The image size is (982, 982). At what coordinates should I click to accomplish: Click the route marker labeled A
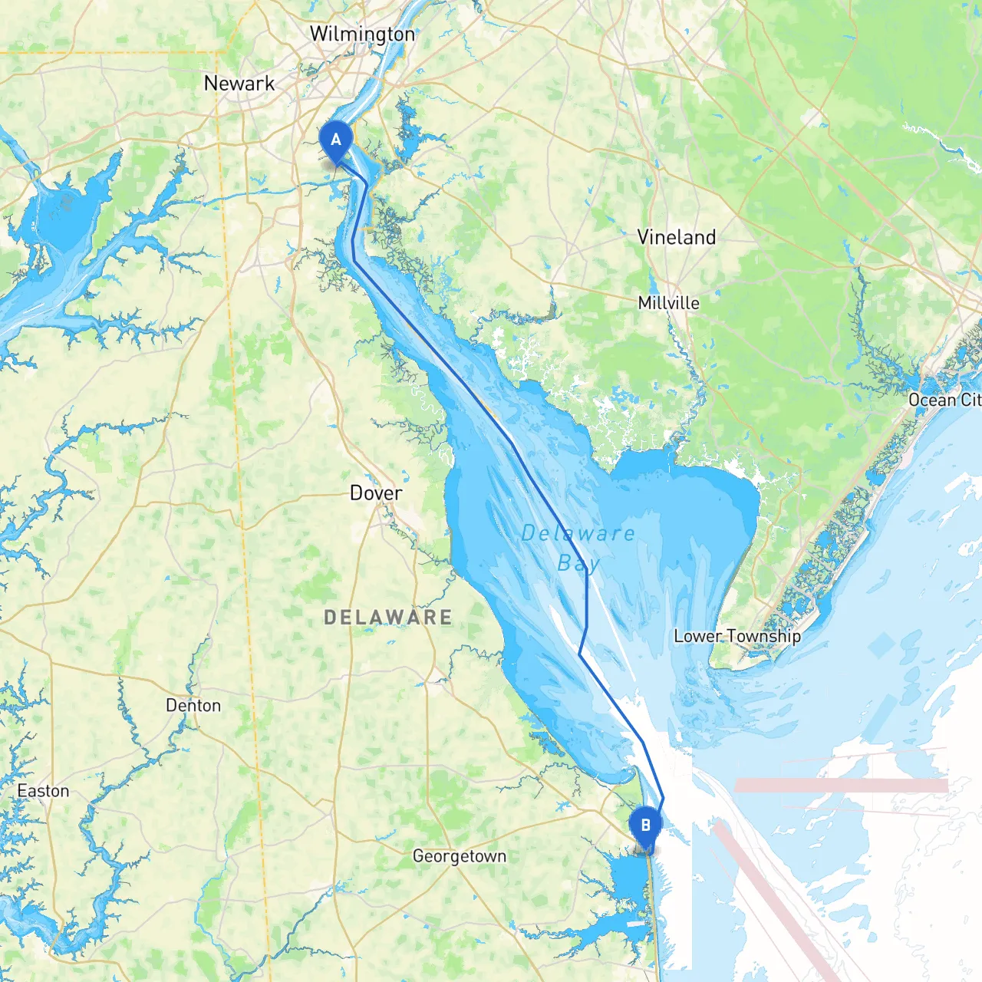tap(335, 143)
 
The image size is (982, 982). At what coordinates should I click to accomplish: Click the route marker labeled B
tap(645, 828)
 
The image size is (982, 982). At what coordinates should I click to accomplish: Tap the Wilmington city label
tap(362, 35)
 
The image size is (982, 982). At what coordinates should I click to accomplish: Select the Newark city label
tap(239, 84)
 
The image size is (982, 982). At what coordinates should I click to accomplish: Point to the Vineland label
tap(676, 237)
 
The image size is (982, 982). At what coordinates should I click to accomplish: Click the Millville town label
tap(668, 303)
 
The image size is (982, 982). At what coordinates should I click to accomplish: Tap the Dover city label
tap(375, 493)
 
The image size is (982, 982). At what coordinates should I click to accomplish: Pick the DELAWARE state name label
tap(387, 617)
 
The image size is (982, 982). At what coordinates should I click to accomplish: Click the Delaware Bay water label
tap(578, 548)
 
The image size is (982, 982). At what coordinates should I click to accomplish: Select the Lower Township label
tap(736, 636)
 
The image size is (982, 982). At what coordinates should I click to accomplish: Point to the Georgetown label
tap(459, 856)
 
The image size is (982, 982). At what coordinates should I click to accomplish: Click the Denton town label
tap(193, 706)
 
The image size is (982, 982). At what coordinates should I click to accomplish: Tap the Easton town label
tap(43, 791)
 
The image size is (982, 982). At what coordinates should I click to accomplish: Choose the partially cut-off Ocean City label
tap(944, 400)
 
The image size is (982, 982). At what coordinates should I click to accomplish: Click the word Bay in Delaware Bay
tap(578, 564)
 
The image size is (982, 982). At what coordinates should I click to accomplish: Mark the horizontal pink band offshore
tap(841, 786)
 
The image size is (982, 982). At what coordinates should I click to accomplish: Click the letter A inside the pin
tap(335, 140)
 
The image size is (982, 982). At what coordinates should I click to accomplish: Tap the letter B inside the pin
tap(645, 825)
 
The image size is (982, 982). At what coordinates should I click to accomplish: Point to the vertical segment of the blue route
tap(587, 598)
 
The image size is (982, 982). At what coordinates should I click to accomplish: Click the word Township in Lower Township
tap(763, 636)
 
